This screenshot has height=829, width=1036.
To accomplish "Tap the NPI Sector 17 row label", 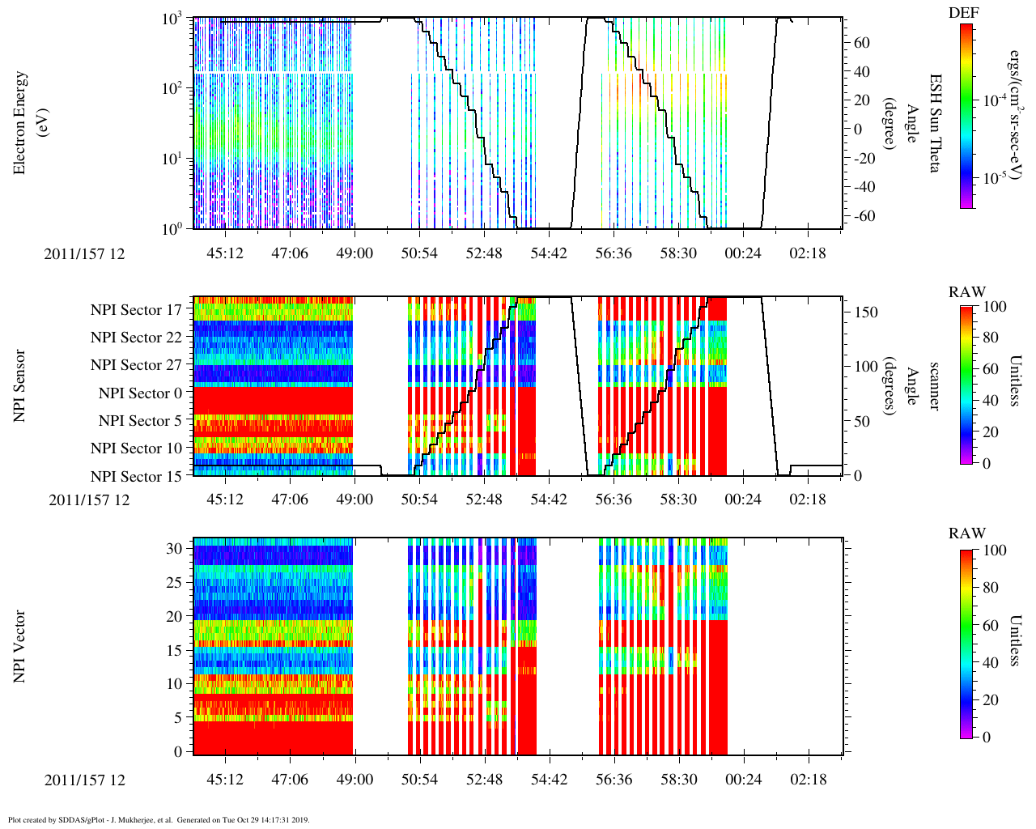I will click(x=136, y=310).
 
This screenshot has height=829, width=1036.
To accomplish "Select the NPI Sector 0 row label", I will click(x=140, y=393).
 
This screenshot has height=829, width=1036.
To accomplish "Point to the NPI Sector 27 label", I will click(x=136, y=365).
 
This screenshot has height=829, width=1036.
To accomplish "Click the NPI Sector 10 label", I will click(x=136, y=449).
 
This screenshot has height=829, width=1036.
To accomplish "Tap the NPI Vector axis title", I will click(x=19, y=645).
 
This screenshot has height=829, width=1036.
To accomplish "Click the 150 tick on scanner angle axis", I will click(x=867, y=312).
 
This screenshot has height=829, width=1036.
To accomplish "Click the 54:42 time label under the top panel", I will click(x=549, y=253).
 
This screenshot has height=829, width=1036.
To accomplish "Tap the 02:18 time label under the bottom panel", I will click(x=808, y=780).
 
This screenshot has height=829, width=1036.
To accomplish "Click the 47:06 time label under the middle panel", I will click(x=290, y=500).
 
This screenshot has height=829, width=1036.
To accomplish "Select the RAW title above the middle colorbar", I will click(x=967, y=292).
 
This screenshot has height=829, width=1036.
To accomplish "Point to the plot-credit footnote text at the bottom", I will click(x=159, y=819).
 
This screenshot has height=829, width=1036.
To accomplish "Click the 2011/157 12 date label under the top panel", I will click(x=84, y=253).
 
